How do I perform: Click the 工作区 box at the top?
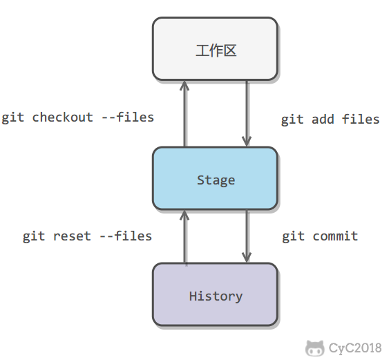215,48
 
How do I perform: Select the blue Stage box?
215,179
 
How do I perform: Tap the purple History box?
215,294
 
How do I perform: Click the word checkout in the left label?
62,117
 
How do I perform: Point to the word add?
323,120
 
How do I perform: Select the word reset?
72,236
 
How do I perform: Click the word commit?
335,236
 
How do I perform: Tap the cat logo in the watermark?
314,348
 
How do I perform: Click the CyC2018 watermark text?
355,348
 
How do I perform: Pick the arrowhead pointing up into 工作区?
184,85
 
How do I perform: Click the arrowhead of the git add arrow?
247,142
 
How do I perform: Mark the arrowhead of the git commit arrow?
247,258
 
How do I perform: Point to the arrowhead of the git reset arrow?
184,215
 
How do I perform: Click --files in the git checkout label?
128,117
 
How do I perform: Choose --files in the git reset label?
126,236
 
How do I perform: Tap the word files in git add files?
361,120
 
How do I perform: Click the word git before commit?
293,236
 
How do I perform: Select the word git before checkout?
12,117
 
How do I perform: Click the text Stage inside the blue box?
216,180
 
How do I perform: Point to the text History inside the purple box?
216,296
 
